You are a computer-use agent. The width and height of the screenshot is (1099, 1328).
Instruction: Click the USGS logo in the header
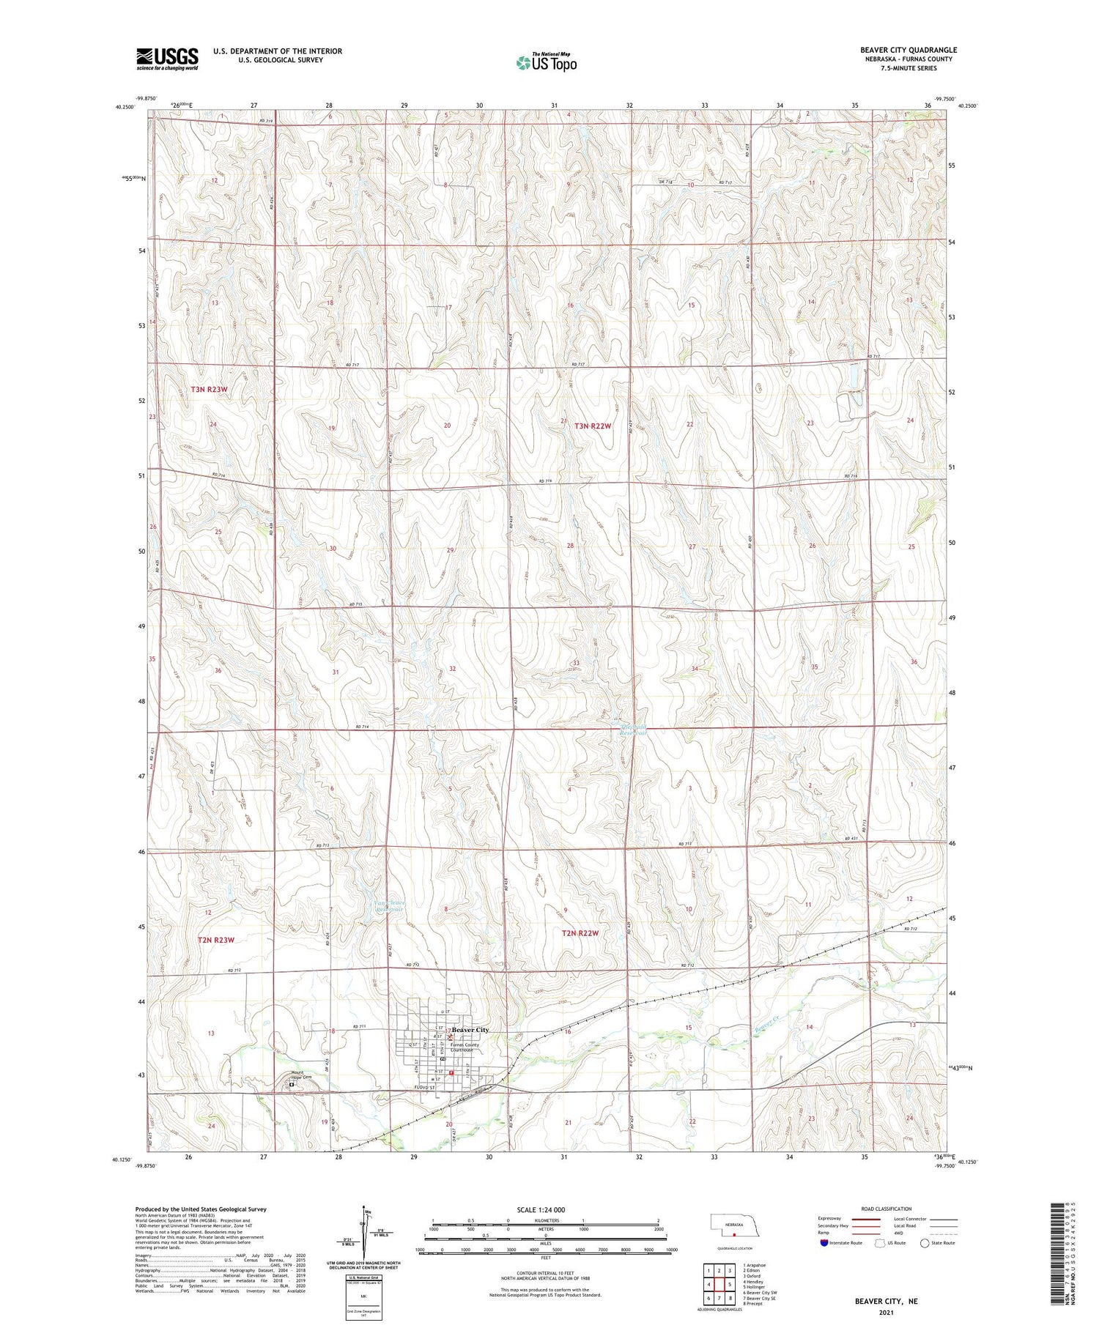(x=167, y=59)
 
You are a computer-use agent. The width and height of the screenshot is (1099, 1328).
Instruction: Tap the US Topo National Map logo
(x=547, y=62)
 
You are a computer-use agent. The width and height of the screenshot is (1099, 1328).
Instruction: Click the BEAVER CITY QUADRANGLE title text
(x=909, y=50)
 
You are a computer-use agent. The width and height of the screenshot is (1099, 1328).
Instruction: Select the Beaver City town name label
(x=470, y=1030)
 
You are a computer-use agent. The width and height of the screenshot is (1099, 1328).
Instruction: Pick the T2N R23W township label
(x=215, y=940)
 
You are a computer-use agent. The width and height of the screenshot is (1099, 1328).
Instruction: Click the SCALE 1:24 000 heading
(x=541, y=1209)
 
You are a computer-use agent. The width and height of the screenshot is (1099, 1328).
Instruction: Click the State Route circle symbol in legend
(x=925, y=1243)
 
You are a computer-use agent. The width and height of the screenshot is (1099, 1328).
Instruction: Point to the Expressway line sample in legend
(x=865, y=1219)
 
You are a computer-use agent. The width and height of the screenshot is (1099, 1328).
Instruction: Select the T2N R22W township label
(x=581, y=933)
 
